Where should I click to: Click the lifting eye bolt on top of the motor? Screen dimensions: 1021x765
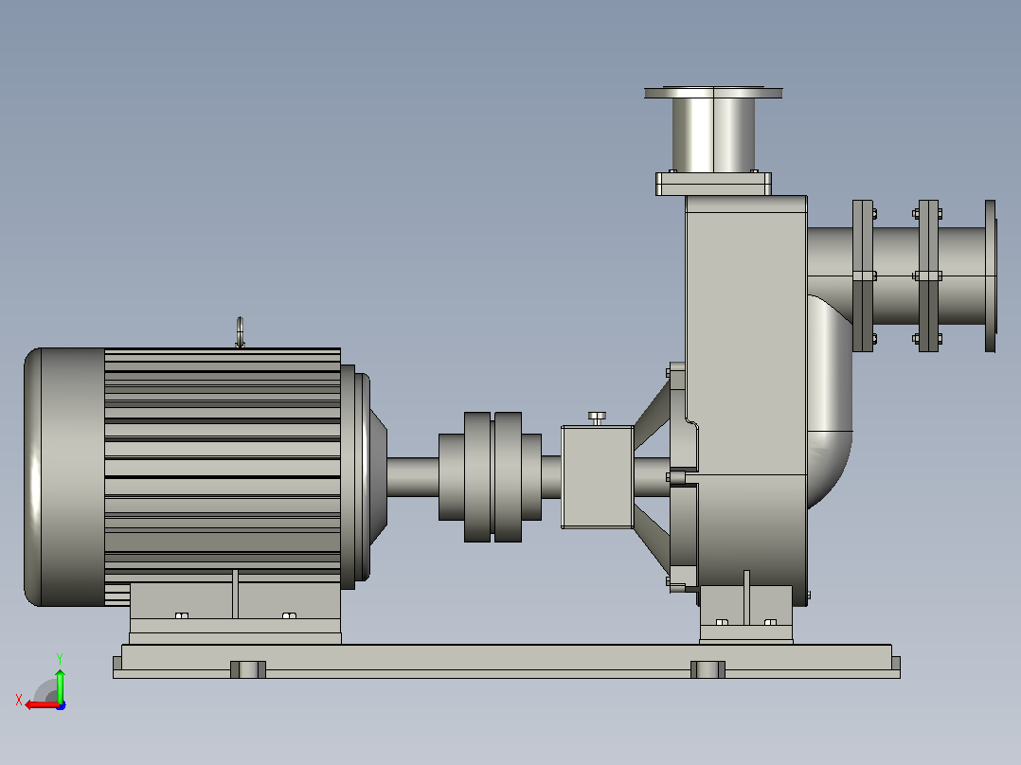(x=240, y=332)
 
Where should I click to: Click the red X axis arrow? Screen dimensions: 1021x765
(x=43, y=705)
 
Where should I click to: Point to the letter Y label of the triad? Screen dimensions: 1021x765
(x=60, y=658)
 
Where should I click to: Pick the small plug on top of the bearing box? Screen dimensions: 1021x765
(x=597, y=418)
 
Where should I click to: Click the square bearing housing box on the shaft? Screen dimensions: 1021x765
(x=597, y=476)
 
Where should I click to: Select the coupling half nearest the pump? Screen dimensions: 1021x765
(x=518, y=476)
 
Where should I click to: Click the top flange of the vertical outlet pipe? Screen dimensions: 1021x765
(x=713, y=93)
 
